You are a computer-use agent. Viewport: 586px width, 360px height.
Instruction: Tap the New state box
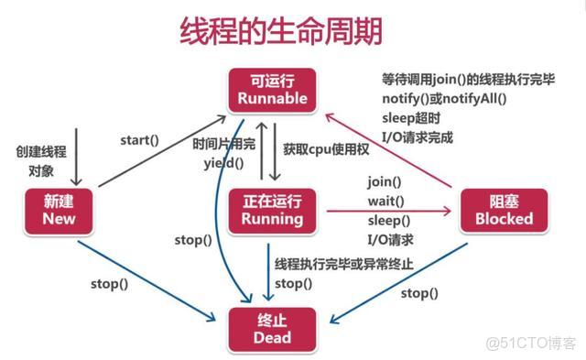(x=50, y=210)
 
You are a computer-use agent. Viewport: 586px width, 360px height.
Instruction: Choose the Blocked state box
(x=502, y=210)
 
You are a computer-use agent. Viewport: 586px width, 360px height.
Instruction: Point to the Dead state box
(x=272, y=327)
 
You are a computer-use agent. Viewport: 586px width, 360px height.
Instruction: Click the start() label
(x=139, y=140)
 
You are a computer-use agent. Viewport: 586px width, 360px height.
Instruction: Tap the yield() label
(x=222, y=163)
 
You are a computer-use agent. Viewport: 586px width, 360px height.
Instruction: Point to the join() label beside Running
(x=385, y=181)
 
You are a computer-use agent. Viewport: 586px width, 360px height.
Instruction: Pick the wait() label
(x=386, y=201)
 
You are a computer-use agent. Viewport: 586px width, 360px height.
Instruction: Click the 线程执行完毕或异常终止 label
(x=343, y=264)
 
